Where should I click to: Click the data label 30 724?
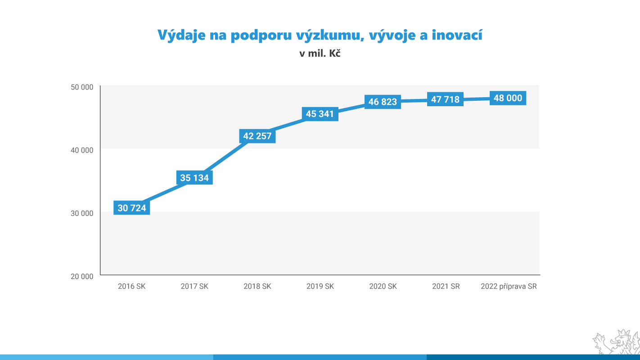click(x=132, y=208)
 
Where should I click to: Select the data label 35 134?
click(x=194, y=178)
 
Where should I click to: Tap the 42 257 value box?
click(x=257, y=136)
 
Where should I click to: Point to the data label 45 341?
click(x=320, y=114)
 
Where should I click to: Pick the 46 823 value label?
click(x=383, y=102)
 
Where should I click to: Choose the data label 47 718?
click(x=445, y=99)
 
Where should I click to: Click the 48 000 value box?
click(x=508, y=98)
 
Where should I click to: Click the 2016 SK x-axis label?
click(x=132, y=286)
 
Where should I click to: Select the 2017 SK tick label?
click(x=194, y=286)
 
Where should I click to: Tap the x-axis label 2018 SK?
click(x=257, y=286)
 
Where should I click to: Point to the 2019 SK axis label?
click(x=320, y=286)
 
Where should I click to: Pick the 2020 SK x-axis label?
click(x=383, y=286)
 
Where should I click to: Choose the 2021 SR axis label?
click(x=446, y=286)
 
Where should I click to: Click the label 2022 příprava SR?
click(x=509, y=286)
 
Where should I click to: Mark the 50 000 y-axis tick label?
click(x=82, y=87)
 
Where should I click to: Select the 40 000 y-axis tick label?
click(x=82, y=150)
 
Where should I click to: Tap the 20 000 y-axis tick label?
click(x=82, y=276)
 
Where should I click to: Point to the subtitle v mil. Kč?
click(x=320, y=54)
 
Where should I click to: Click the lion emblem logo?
click(x=617, y=343)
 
